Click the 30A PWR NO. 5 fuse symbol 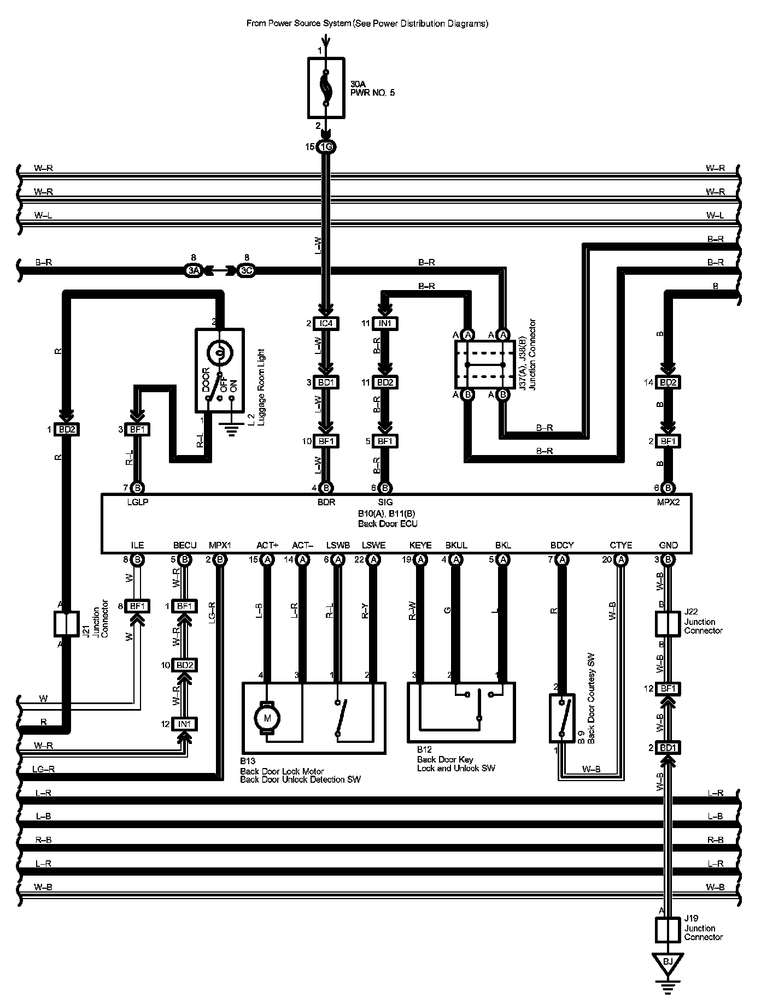pos(326,87)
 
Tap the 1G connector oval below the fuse pos(326,146)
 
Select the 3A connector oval pos(193,270)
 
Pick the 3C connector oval pos(246,270)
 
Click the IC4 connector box pos(326,323)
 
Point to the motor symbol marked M pos(267,718)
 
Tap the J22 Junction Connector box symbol pos(668,624)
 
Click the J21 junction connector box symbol pos(66,624)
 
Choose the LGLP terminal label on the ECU pos(137,502)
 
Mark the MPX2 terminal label pos(668,502)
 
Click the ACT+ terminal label pos(267,545)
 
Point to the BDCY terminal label pos(562,545)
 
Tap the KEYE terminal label pos(420,545)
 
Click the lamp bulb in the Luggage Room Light pos(220,353)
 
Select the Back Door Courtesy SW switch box pos(562,718)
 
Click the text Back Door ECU pos(388,524)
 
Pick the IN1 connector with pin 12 pos(184,724)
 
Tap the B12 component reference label pos(424,750)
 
